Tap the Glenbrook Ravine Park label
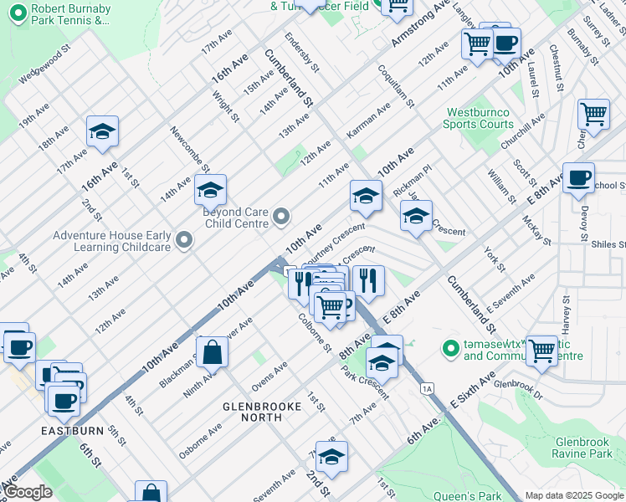tap(583, 447)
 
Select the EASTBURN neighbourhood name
tap(72, 431)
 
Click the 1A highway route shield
tap(428, 388)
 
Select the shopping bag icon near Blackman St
tap(213, 351)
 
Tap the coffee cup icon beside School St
tap(578, 178)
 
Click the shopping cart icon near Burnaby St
tap(593, 113)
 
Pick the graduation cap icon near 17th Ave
tap(102, 131)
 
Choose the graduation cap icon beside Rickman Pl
tap(366, 196)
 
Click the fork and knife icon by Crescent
tap(368, 279)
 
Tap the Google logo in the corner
tap(28, 492)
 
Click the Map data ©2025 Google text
tap(573, 495)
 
